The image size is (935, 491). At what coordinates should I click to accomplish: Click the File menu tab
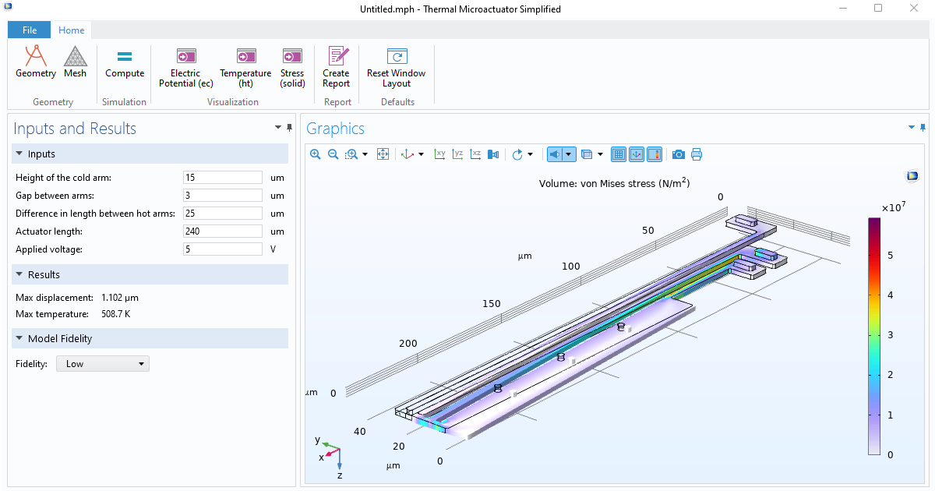pos(30,30)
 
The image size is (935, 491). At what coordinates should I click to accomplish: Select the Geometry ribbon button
pos(36,63)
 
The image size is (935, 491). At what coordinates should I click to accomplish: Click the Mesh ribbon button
pos(76,63)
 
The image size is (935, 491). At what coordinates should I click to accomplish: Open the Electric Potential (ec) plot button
pos(185,68)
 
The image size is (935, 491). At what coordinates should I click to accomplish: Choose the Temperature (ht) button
pos(245,68)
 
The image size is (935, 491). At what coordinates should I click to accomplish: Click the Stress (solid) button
pos(292,68)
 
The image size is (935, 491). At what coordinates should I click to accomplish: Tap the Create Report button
pos(337,68)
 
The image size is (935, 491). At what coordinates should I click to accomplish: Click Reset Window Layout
pos(397,68)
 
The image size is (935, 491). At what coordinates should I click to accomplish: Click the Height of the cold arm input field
pos(223,178)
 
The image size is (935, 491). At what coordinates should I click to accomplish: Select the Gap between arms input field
pos(223,196)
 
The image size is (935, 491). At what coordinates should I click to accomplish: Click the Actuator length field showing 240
pos(223,231)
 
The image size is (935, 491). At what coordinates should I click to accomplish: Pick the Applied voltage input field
pos(223,249)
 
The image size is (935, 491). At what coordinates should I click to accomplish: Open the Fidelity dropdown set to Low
pos(103,364)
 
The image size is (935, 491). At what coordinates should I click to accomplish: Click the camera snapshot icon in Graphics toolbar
pos(679,154)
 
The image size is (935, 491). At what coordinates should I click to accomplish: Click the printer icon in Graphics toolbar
pos(697,154)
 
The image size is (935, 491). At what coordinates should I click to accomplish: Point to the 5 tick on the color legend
pos(891,255)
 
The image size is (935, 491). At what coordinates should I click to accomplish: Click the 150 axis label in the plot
pos(491,304)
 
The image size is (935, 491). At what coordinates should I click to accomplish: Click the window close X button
pos(913,9)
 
